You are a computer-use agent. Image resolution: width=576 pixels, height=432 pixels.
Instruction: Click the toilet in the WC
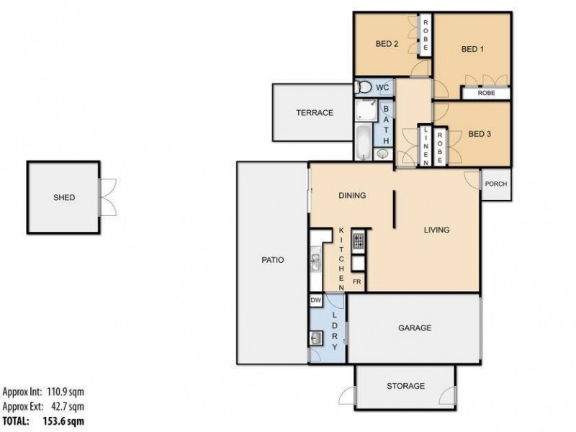[x=364, y=88]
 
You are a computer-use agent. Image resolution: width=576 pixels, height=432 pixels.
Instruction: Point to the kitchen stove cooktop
[x=358, y=239]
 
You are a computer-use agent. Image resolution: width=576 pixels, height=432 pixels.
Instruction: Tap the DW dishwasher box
[x=315, y=300]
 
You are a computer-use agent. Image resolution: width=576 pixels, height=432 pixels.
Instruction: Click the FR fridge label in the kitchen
[x=356, y=282]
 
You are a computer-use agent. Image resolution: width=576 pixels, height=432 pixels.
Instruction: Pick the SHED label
[x=63, y=198]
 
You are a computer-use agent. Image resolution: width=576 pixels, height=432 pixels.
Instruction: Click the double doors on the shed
[x=107, y=196]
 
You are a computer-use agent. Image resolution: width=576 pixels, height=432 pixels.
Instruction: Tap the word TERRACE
[x=315, y=113]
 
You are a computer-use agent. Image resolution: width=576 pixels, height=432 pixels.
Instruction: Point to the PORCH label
[x=496, y=184]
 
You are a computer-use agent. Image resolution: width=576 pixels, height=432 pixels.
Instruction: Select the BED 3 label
[x=479, y=134]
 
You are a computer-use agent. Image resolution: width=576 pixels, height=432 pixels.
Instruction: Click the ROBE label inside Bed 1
[x=486, y=93]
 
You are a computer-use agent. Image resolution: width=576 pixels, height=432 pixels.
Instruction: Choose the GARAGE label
[x=415, y=328]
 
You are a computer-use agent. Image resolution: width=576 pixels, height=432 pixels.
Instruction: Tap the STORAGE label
[x=405, y=386]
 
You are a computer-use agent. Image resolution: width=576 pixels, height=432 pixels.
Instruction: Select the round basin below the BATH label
[x=382, y=153]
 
